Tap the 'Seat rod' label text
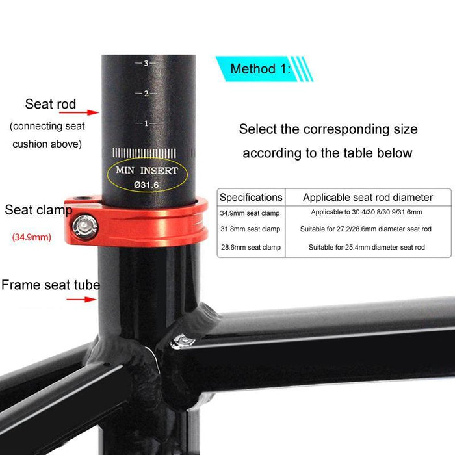tap(51, 104)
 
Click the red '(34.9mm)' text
tap(31, 237)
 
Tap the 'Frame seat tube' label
tap(51, 285)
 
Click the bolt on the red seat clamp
tap(83, 226)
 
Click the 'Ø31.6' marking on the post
tap(147, 185)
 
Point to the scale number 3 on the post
tap(147, 63)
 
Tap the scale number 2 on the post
tap(147, 93)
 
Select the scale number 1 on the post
tap(147, 123)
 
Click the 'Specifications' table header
tap(251, 197)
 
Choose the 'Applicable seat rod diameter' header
tap(367, 197)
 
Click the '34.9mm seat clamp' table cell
tap(250, 213)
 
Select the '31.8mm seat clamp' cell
tap(250, 229)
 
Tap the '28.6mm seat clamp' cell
tap(250, 247)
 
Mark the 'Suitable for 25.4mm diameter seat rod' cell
tap(367, 247)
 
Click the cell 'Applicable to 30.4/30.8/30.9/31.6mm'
tap(367, 213)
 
